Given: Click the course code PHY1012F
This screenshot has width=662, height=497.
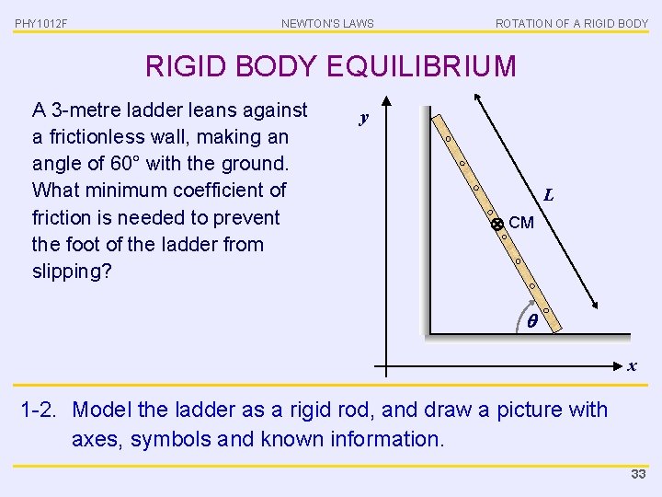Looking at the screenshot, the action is [x=40, y=23].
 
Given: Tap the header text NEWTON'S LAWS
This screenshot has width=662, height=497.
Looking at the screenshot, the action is [x=327, y=23].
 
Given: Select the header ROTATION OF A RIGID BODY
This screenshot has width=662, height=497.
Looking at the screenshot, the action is [x=572, y=23].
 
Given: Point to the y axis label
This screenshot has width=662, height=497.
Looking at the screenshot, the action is [x=364, y=118].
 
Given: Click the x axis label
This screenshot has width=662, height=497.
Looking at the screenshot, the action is [x=632, y=366].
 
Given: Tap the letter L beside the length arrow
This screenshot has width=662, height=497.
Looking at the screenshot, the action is [x=548, y=195].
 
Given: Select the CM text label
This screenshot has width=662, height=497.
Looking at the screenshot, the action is [x=521, y=223].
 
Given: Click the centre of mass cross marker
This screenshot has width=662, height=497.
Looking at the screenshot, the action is [x=496, y=224].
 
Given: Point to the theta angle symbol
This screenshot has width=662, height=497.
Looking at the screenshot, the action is [x=532, y=321].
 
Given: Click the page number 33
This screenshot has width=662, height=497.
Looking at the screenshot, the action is [x=638, y=474].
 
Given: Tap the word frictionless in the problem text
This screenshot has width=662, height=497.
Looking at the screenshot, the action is [x=106, y=137].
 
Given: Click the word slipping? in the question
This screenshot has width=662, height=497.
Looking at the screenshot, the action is [x=72, y=272].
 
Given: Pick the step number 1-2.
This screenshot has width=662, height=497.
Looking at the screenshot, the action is [x=40, y=410].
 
